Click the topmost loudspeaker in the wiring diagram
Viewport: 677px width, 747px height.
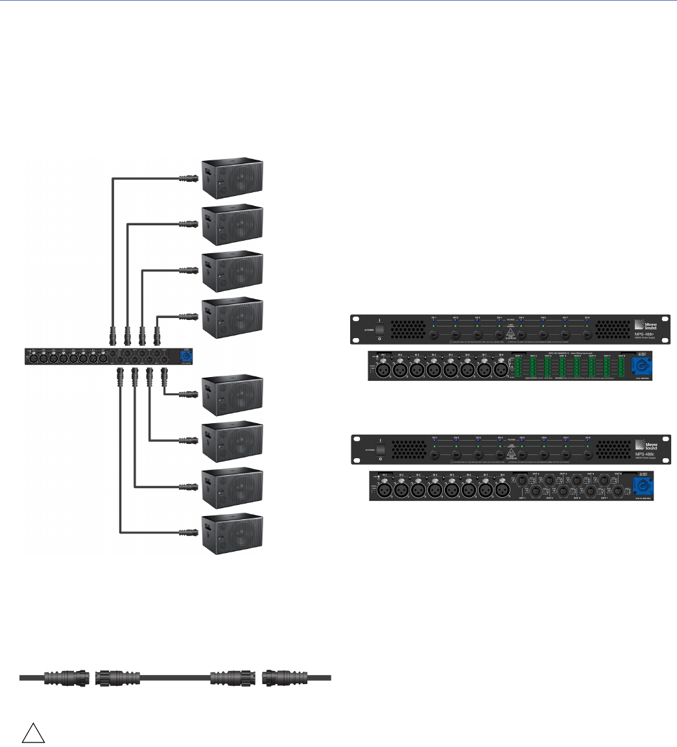click(x=233, y=177)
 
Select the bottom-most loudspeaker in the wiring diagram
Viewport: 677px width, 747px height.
click(x=233, y=533)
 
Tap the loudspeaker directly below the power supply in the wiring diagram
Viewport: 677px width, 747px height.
click(x=233, y=394)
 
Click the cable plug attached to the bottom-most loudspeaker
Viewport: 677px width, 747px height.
click(x=187, y=533)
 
